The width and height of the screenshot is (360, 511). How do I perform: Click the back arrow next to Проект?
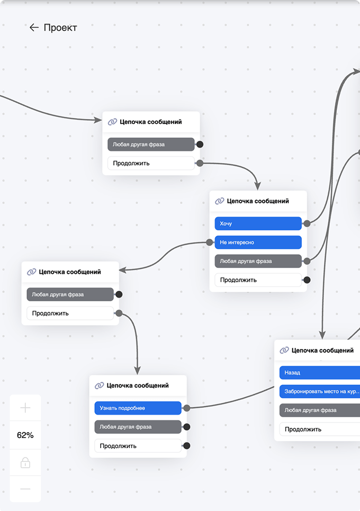pos(34,28)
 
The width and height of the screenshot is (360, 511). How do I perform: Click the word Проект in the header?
pos(60,28)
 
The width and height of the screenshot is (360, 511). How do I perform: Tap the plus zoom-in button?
pos(25,408)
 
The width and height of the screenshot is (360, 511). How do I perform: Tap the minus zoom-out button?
pos(25,489)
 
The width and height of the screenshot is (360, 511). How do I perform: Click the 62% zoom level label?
pos(25,435)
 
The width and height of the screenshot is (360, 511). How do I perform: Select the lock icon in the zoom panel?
pos(25,462)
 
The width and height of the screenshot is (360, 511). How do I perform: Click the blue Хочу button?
pos(258,223)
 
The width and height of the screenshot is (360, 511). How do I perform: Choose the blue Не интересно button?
pos(258,242)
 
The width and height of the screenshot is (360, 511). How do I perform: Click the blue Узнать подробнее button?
pos(138,408)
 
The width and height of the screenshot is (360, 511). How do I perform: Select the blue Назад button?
pos(320,372)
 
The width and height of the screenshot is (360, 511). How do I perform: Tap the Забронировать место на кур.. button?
pos(320,391)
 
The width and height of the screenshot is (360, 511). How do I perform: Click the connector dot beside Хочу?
pos(307,223)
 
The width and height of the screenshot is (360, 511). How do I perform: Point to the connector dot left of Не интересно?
pos(210,242)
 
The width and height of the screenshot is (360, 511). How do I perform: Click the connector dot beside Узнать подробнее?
pos(187,408)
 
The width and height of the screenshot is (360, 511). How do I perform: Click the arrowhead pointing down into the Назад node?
pos(322,335)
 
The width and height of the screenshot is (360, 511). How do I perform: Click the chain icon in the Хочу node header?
pos(220,201)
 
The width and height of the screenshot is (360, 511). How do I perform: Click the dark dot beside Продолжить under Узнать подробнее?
pos(187,446)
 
